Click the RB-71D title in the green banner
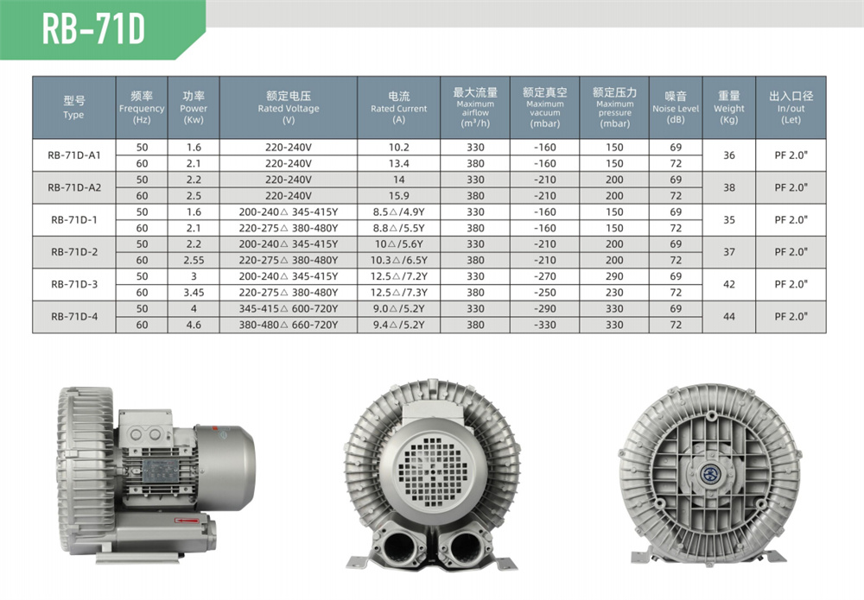pyautogui.click(x=93, y=29)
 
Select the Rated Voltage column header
pyautogui.click(x=289, y=107)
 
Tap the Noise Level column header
pyautogui.click(x=676, y=107)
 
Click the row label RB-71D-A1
pyautogui.click(x=73, y=155)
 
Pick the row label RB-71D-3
pyautogui.click(x=73, y=284)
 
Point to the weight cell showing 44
pyautogui.click(x=729, y=317)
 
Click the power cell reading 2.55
pyautogui.click(x=194, y=260)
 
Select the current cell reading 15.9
pyautogui.click(x=398, y=195)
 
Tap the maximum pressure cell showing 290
pyautogui.click(x=614, y=276)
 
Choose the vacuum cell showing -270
pyautogui.click(x=544, y=276)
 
